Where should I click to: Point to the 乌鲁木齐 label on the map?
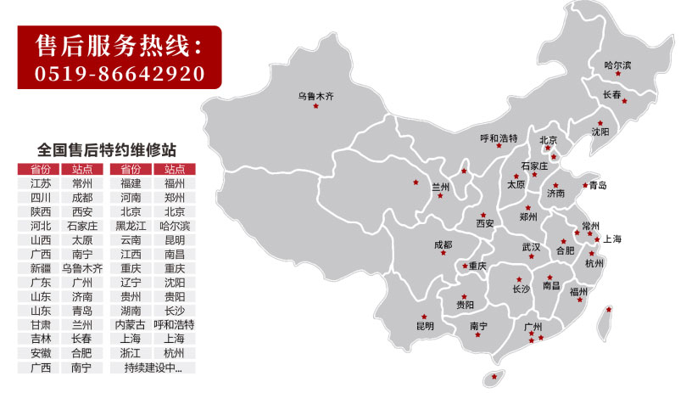click(x=315, y=96)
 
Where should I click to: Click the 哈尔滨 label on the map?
click(x=617, y=65)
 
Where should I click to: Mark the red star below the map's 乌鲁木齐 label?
click(x=315, y=107)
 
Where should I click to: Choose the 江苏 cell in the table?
click(x=40, y=183)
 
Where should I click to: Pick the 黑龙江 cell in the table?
click(x=131, y=226)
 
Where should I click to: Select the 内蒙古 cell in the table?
click(x=131, y=325)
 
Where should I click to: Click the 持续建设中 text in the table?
click(x=153, y=368)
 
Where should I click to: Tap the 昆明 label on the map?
click(x=425, y=326)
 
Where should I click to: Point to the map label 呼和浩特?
click(x=499, y=138)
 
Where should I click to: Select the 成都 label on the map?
click(x=443, y=244)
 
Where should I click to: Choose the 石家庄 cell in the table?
click(x=82, y=226)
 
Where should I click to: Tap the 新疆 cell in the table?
click(x=40, y=268)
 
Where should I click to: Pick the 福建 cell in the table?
click(x=131, y=183)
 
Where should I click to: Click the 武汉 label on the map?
click(x=531, y=247)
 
